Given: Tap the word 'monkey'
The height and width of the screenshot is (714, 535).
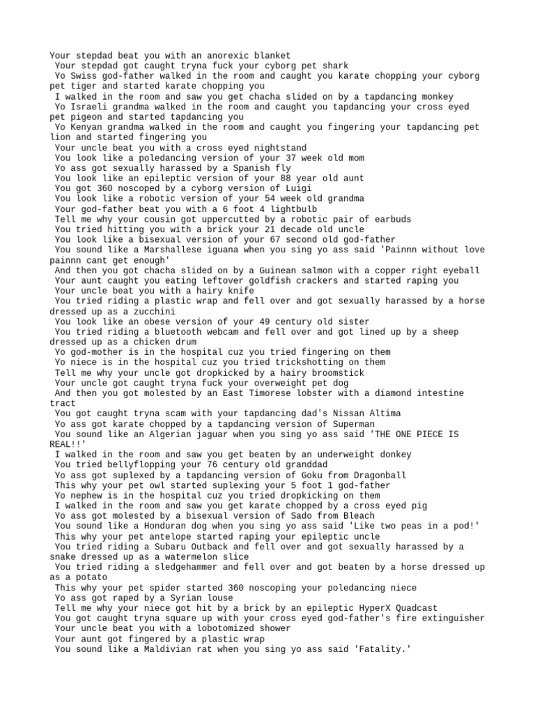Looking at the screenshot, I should pyautogui.click(x=435, y=96).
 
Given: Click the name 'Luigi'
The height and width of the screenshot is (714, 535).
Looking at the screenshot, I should pyautogui.click(x=297, y=188).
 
